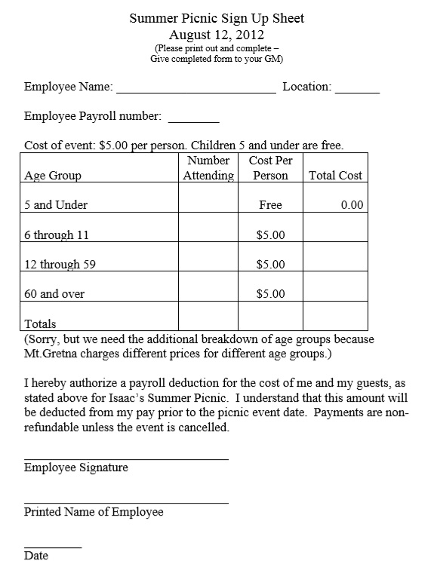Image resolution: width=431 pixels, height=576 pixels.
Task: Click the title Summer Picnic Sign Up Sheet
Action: [x=216, y=18]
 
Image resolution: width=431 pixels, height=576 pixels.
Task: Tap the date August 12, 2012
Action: [x=216, y=34]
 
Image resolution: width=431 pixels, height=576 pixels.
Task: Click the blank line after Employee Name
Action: [x=195, y=91]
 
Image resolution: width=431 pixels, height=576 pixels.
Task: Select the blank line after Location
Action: [x=357, y=91]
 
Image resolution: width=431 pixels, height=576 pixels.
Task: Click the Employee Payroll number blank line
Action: [x=193, y=121]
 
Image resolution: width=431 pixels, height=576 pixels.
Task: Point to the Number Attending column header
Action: [x=208, y=168]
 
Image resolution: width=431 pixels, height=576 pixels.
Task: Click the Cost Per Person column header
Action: [x=270, y=168]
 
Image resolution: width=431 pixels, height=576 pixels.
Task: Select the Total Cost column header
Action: [x=336, y=176]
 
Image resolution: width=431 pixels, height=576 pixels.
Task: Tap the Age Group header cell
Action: [x=53, y=176]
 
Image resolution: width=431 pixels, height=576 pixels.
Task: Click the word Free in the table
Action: [x=270, y=205]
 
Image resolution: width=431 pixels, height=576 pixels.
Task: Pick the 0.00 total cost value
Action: [x=352, y=205]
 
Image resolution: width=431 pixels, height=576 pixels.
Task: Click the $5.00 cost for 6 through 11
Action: [x=270, y=235]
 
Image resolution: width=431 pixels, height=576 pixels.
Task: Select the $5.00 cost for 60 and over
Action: [x=270, y=294]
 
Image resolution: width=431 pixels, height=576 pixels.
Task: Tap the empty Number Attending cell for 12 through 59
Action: [x=208, y=265]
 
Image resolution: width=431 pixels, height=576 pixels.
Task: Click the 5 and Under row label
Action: [x=56, y=205]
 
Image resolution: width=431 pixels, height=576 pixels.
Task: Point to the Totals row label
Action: [x=40, y=324]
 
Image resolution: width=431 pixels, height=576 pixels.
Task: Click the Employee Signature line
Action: [x=126, y=458]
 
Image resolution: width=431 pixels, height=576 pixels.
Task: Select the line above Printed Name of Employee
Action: [x=126, y=503]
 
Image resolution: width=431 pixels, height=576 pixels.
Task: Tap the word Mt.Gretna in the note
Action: [x=53, y=353]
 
